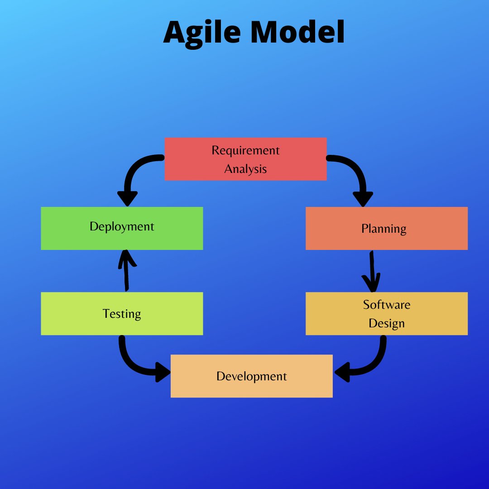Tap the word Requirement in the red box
point(245,150)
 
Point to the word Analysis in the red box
point(245,169)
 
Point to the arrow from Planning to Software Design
point(372,272)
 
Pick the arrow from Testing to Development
point(136,362)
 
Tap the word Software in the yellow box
point(386,305)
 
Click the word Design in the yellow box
point(386,323)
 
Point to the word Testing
point(122,314)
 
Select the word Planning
point(384,229)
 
